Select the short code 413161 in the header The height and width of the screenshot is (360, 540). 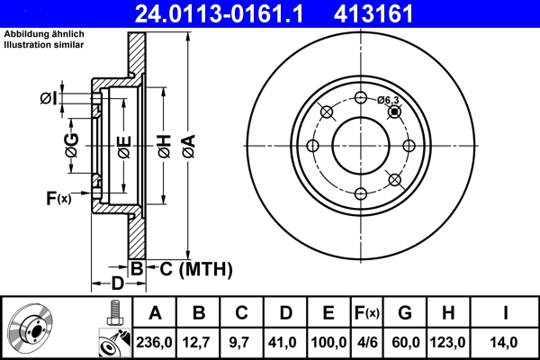(399, 13)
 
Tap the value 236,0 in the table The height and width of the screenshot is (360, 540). (155, 341)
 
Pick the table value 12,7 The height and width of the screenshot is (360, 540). (199, 341)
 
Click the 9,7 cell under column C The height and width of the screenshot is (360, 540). (241, 341)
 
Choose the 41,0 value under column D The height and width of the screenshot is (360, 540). (284, 341)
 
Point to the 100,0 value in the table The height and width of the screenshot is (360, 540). (328, 341)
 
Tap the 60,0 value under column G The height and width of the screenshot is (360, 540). (405, 341)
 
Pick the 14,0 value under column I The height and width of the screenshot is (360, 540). (508, 341)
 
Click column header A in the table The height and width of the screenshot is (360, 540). (155, 313)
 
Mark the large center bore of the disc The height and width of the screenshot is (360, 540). (360, 146)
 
